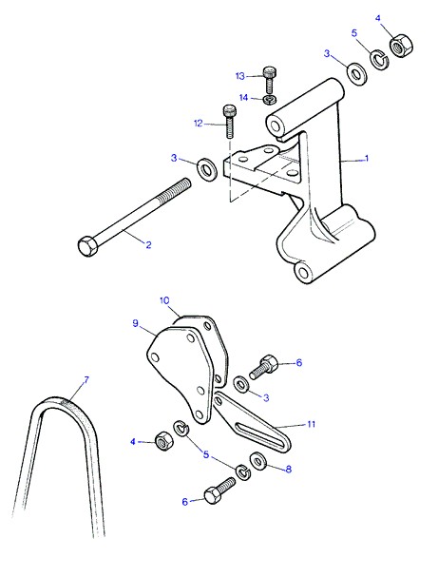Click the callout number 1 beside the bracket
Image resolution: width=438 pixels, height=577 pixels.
(x=367, y=159)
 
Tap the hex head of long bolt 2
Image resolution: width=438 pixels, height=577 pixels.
(x=88, y=246)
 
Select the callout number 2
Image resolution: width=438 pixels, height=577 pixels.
(x=148, y=244)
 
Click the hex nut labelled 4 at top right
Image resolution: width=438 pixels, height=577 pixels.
(x=401, y=46)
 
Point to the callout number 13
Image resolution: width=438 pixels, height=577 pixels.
(x=239, y=76)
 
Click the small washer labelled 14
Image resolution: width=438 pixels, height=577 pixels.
(x=270, y=100)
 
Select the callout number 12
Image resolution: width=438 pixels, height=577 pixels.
(x=199, y=124)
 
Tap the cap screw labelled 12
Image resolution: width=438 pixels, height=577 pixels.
(x=229, y=121)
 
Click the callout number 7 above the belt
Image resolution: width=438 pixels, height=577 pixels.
(x=86, y=380)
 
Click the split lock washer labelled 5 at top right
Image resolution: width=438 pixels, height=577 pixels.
(x=379, y=58)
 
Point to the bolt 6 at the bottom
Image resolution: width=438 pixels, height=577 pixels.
(x=219, y=490)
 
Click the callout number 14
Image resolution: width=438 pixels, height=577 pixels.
(x=243, y=98)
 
